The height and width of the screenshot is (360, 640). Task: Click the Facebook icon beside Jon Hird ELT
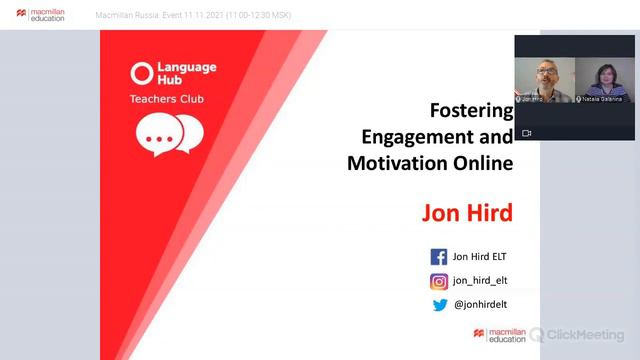coord(438,257)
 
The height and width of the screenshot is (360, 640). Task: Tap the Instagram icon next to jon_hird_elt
coord(438,281)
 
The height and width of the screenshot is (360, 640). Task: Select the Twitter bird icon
coord(439,305)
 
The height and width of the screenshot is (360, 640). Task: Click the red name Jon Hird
coord(467,213)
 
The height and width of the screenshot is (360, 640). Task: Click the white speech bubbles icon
coord(169,135)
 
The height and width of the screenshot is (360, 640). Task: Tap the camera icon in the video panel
coord(527,132)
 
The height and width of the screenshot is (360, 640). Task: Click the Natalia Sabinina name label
coord(602,99)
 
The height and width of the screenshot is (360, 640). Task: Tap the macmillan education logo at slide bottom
coord(500,335)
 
